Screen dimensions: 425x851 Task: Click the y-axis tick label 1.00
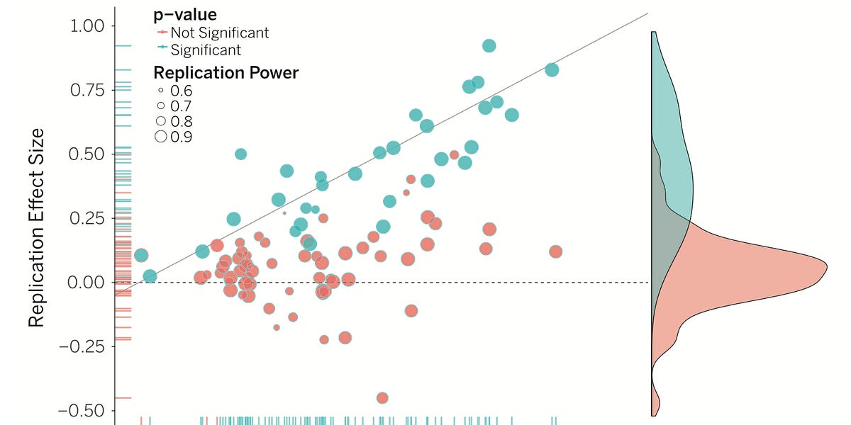pyautogui.click(x=87, y=26)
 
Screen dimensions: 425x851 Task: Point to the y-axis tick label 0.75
pyautogui.click(x=87, y=90)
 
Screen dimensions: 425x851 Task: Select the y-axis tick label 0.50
pyautogui.click(x=87, y=154)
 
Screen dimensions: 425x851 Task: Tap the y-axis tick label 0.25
pyautogui.click(x=87, y=218)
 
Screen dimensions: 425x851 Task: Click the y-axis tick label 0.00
pyautogui.click(x=87, y=282)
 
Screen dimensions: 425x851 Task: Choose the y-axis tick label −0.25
pyautogui.click(x=82, y=346)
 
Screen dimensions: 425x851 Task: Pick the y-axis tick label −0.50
pyautogui.click(x=82, y=410)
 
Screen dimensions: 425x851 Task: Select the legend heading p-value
pyautogui.click(x=185, y=14)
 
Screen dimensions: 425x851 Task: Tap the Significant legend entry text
pyautogui.click(x=206, y=50)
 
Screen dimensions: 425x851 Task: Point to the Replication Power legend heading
pyautogui.click(x=226, y=72)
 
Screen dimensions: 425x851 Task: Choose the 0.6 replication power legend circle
pyautogui.click(x=161, y=91)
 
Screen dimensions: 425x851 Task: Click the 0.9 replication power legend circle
pyautogui.click(x=161, y=137)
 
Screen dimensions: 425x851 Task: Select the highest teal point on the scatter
pyautogui.click(x=489, y=45)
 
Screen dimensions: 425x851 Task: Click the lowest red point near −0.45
pyautogui.click(x=382, y=398)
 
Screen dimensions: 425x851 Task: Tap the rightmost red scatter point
pyautogui.click(x=555, y=251)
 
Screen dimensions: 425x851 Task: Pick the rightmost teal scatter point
pyautogui.click(x=552, y=69)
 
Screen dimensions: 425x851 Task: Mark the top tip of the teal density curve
pyautogui.click(x=654, y=32)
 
